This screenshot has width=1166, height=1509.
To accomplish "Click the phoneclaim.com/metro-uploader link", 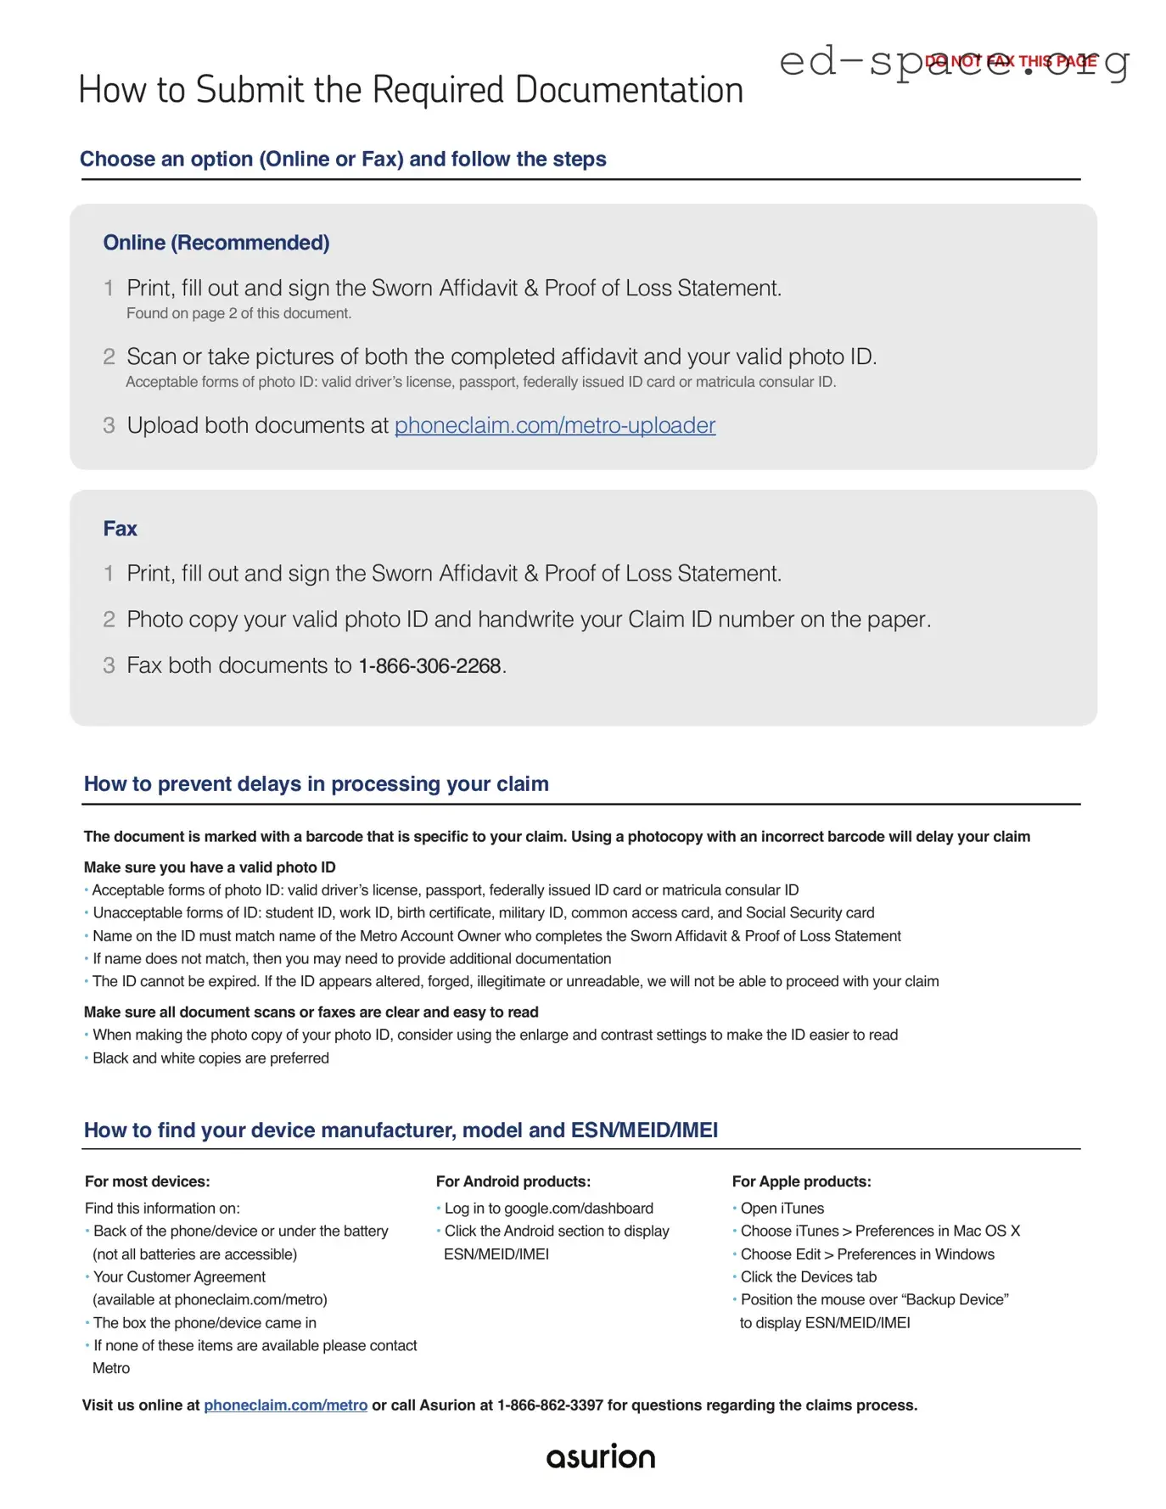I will click(554, 425).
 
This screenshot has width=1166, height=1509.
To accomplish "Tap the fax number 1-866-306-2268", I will click(429, 666).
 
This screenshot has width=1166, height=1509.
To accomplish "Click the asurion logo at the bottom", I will click(600, 1456).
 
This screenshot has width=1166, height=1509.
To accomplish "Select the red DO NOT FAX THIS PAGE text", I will click(1010, 61).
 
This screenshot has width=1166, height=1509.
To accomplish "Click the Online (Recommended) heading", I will click(216, 243).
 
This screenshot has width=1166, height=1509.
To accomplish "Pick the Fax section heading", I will click(120, 529).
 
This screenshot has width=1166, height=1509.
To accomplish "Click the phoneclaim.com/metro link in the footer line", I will click(285, 1405).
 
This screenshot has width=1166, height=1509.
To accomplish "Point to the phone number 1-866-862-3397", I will click(549, 1405).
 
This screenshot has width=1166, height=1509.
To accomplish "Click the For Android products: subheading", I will click(513, 1181).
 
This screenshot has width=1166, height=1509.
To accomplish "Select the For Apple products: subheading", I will click(801, 1181).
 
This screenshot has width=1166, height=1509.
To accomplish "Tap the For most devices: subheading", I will click(147, 1181).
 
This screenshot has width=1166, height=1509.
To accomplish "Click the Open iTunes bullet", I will click(782, 1209).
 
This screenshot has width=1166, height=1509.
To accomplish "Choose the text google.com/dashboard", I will click(578, 1209).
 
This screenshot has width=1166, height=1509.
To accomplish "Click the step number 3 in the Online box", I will click(109, 425).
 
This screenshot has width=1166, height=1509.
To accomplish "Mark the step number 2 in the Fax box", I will click(109, 620).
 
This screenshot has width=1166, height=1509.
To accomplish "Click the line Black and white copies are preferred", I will click(210, 1058).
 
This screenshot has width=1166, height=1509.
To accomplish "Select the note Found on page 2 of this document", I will click(238, 313).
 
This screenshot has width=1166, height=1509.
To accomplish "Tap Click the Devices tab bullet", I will click(808, 1277).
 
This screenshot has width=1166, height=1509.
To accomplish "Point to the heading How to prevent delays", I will click(316, 783).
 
